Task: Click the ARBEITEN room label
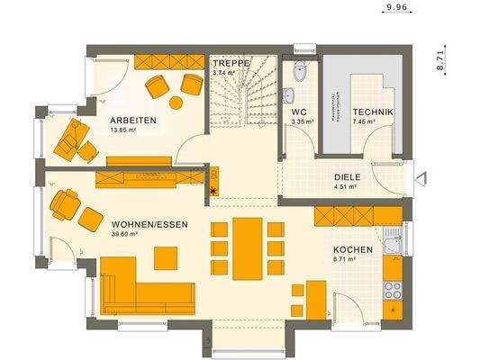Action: point(134,120)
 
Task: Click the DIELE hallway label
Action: point(347,177)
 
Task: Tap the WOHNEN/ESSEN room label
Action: point(150,223)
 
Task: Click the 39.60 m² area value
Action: point(124,234)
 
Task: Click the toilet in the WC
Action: point(300,71)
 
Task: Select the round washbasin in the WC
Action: point(288,94)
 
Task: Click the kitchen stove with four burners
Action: point(392,289)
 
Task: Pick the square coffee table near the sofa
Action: point(166,258)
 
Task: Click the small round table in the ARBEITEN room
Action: point(175,102)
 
